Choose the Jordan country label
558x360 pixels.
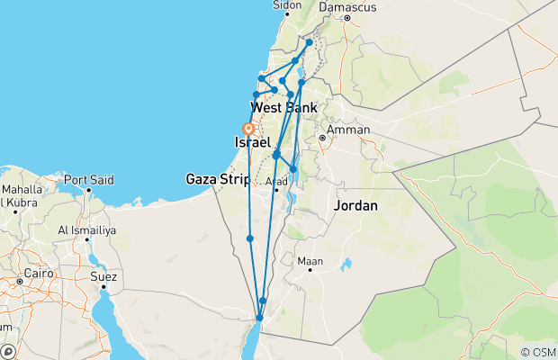pyautogui.click(x=355, y=206)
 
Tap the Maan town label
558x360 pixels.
pyautogui.click(x=310, y=261)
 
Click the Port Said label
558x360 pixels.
pyautogui.click(x=90, y=178)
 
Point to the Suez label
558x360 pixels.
pyautogui.click(x=103, y=276)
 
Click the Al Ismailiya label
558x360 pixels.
pyautogui.click(x=88, y=229)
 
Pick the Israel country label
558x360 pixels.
pyautogui.click(x=252, y=143)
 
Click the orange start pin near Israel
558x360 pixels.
pyautogui.click(x=247, y=130)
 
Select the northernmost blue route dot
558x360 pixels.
pyautogui.click(x=309, y=42)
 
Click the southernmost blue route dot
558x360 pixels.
pyautogui.click(x=259, y=318)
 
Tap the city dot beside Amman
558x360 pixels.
pyautogui.click(x=321, y=139)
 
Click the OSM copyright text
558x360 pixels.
pyautogui.click(x=537, y=351)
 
